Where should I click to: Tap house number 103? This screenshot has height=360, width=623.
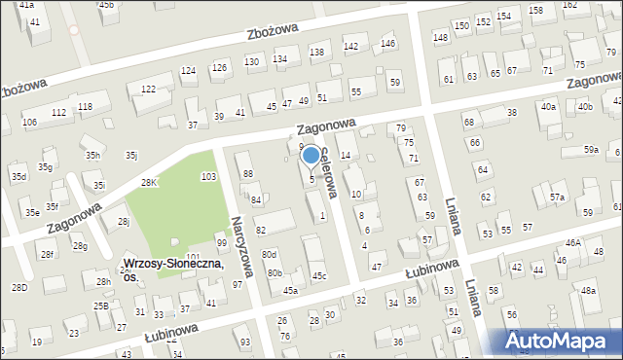coord(207,176)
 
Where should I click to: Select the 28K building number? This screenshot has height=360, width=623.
coord(149,183)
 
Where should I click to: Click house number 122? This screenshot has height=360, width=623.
coord(148,90)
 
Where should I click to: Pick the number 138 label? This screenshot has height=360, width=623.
coord(315,52)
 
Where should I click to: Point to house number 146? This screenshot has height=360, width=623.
coord(387,44)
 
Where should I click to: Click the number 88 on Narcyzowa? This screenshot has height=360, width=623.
coord(248,173)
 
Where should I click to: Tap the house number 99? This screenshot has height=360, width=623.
coord(221,242)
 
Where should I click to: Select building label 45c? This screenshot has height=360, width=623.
coord(318,276)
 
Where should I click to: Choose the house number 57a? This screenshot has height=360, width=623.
coord(557,198)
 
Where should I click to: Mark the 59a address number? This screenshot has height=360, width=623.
coord(591,150)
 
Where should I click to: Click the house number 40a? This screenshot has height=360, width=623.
coord(549,107)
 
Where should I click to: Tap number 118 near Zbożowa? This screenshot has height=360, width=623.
coord(86,106)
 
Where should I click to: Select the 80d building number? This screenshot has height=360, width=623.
coord(268,254)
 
